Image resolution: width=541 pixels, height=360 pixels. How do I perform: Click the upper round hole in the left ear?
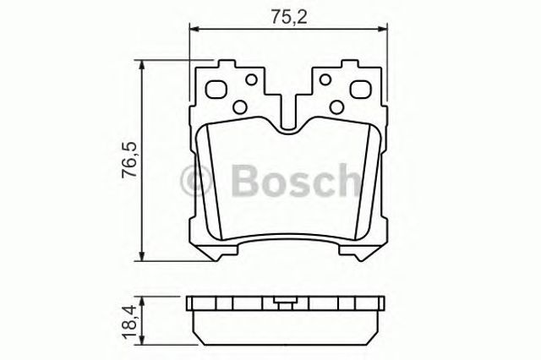point(250,80)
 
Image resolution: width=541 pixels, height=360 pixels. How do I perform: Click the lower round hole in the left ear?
point(241,106)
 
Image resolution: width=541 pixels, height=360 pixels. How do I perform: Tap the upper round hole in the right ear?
point(326,80)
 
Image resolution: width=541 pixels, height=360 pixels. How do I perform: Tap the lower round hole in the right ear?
point(336,106)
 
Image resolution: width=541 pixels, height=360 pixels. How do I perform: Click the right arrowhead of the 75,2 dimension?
point(385,29)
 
